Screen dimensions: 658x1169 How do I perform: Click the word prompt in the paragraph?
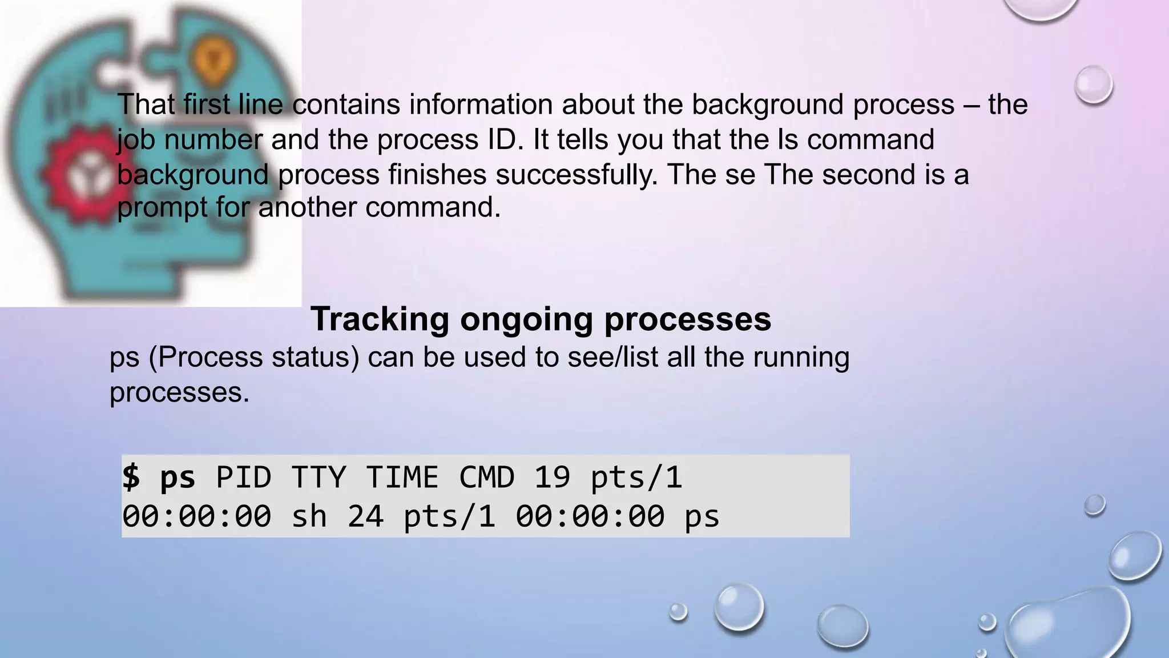[x=162, y=207]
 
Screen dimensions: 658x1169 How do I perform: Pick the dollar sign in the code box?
[x=131, y=477]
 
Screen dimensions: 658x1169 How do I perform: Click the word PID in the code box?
[x=244, y=477]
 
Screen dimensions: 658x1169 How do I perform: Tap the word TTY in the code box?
[x=319, y=477]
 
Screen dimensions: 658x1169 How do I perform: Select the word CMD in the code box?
[x=487, y=477]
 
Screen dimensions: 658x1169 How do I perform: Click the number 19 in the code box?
[x=552, y=477]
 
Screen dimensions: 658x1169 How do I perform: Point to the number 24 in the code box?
[x=365, y=516]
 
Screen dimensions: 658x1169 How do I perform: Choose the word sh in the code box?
[x=309, y=516]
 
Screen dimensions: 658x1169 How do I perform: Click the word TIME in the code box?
[x=402, y=477]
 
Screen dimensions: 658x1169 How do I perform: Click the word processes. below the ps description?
[x=179, y=393]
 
